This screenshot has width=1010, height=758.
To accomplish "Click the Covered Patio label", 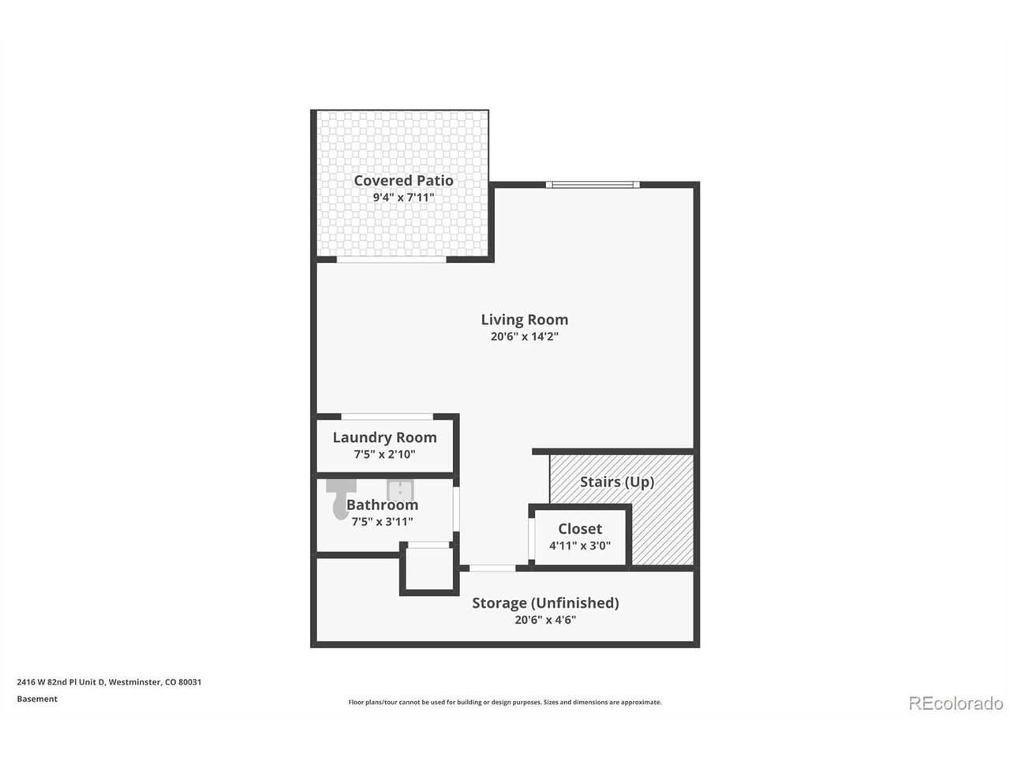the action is [x=403, y=180].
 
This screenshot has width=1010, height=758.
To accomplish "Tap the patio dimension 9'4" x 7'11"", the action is [x=403, y=197].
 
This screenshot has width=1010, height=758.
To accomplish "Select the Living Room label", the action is [x=524, y=320].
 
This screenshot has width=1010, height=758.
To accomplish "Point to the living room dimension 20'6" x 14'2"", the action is [x=524, y=336].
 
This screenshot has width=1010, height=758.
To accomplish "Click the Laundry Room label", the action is [x=385, y=437].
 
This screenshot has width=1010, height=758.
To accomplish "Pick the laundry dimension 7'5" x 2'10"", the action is [x=385, y=454].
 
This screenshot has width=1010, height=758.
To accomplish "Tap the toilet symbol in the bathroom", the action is [x=341, y=499].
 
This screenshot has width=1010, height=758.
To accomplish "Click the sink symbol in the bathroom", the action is [x=400, y=490].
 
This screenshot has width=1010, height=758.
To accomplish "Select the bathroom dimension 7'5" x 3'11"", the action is [x=382, y=521].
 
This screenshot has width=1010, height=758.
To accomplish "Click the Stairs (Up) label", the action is [x=616, y=482].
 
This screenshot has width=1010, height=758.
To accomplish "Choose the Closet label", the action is [x=580, y=529].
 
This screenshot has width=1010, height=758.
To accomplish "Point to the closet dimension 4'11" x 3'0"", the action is [x=580, y=546].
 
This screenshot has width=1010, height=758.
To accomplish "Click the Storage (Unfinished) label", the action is [x=545, y=602].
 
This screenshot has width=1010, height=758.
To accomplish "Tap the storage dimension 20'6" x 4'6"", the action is [x=545, y=620].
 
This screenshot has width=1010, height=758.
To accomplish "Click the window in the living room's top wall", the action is [x=593, y=185].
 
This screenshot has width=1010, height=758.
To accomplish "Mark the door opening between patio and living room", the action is [x=391, y=260].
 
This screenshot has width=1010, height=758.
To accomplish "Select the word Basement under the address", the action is [x=37, y=699].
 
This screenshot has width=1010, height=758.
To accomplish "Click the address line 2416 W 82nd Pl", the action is [x=109, y=682].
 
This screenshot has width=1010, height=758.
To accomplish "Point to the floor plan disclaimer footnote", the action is [x=505, y=702].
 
